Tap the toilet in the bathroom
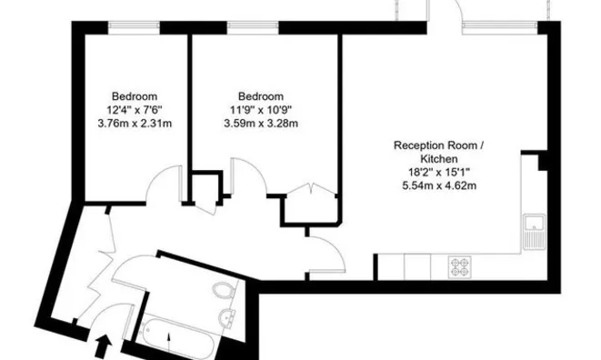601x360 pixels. click(223, 292)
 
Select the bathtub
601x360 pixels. click(182, 338)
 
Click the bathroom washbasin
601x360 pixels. click(227, 317)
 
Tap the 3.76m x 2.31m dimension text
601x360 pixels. click(135, 124)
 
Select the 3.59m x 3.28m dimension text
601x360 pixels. click(261, 124)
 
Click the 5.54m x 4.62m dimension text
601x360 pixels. click(439, 185)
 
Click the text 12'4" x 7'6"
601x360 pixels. click(135, 110)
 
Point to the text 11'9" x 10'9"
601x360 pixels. click(261, 110)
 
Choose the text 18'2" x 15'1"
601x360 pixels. click(439, 172)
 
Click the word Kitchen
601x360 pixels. click(439, 158)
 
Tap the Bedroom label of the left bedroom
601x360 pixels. click(135, 96)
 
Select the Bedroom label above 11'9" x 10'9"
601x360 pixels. click(261, 96)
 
